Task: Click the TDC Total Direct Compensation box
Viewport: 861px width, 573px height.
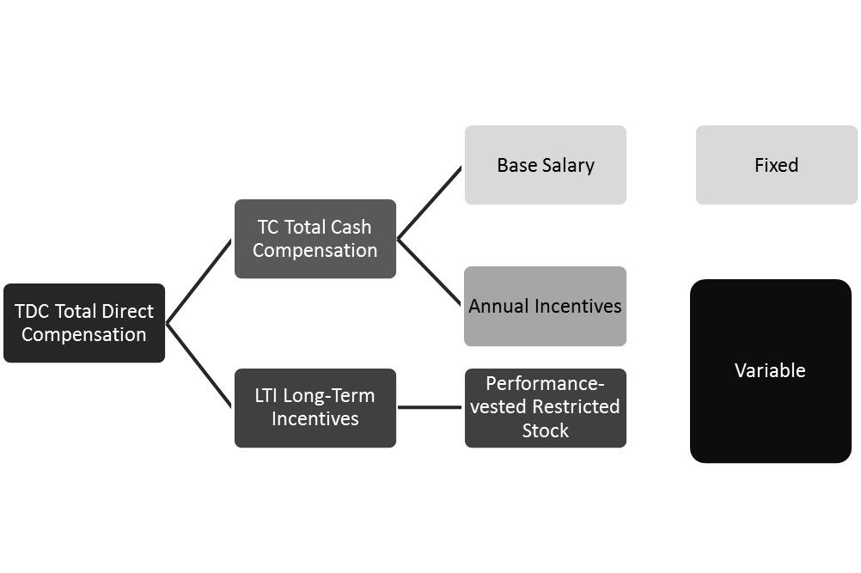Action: click(x=84, y=323)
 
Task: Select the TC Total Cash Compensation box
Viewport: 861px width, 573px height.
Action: click(x=314, y=239)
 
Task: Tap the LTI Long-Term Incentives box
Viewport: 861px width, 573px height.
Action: click(x=314, y=408)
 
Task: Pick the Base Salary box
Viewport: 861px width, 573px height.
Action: click(x=545, y=165)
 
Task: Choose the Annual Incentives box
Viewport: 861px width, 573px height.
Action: click(x=545, y=307)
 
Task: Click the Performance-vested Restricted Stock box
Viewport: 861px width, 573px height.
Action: click(x=545, y=408)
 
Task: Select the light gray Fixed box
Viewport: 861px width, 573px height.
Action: click(x=776, y=165)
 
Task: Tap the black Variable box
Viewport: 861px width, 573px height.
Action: click(x=770, y=371)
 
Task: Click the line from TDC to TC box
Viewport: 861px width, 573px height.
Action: click(x=198, y=282)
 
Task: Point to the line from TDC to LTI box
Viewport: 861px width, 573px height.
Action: click(x=198, y=365)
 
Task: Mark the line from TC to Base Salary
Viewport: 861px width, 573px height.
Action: click(x=430, y=202)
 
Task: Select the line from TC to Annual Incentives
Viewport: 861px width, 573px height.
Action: click(x=430, y=272)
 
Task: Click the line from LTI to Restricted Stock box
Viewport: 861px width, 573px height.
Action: click(x=430, y=407)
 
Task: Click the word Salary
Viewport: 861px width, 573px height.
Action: click(x=568, y=165)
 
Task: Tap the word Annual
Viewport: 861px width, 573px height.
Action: click(x=498, y=307)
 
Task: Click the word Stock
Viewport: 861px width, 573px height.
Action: click(x=545, y=430)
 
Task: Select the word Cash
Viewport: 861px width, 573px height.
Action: click(x=351, y=228)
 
